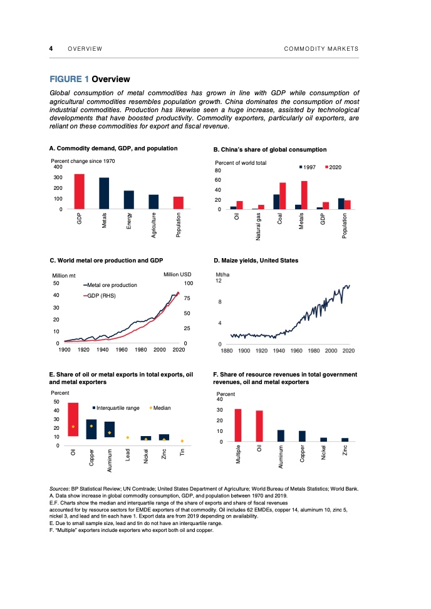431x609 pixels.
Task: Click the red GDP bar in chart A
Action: coord(79,191)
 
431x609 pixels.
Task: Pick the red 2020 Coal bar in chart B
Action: coord(283,195)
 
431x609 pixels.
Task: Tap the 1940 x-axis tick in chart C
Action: coord(103,349)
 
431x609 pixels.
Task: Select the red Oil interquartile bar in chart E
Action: coord(73,419)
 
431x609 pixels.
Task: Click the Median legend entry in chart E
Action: coord(163,407)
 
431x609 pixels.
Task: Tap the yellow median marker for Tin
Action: coord(182,440)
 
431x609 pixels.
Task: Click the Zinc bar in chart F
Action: coord(345,440)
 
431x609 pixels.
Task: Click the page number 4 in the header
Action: coord(51,49)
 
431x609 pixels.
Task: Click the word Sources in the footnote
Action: coord(61,488)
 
